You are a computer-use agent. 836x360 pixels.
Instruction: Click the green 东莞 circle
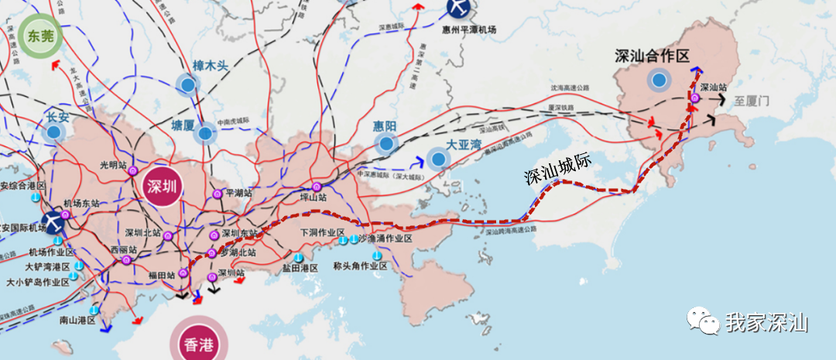38,36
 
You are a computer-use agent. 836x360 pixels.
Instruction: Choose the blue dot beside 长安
53,132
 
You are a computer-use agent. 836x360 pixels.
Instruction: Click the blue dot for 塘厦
204,134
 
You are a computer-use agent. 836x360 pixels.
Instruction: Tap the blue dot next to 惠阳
385,143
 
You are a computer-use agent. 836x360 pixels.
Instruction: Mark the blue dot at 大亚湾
438,159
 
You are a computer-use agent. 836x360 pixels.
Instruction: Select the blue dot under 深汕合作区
659,79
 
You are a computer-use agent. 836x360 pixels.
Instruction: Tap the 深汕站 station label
713,88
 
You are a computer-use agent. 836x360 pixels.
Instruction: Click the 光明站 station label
113,165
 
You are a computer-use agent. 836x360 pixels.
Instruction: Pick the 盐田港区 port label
300,268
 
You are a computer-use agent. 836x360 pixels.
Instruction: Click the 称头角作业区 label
360,266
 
